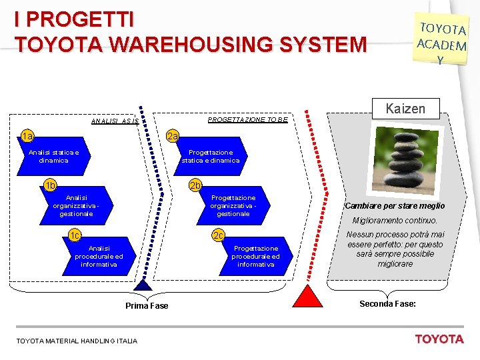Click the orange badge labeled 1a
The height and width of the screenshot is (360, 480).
(27, 137)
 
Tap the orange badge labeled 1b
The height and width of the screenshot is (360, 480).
(50, 185)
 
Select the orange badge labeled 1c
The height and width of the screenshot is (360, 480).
(75, 235)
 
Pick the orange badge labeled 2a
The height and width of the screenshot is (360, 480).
(173, 137)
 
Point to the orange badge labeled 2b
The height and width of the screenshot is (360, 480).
(195, 185)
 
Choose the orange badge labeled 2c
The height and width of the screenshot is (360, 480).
(218, 235)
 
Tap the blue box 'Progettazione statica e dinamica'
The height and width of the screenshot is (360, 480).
(210, 157)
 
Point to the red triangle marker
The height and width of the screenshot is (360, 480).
(307, 295)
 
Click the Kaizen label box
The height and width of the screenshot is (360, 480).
(405, 107)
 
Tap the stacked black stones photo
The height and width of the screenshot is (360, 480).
(402, 160)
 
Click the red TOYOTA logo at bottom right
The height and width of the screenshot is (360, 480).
(439, 339)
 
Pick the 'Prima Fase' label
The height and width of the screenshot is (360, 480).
(147, 306)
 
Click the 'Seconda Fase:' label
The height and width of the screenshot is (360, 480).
(387, 304)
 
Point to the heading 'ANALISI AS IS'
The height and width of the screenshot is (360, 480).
(114, 122)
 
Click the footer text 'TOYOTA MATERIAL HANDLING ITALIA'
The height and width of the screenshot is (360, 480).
(77, 341)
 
